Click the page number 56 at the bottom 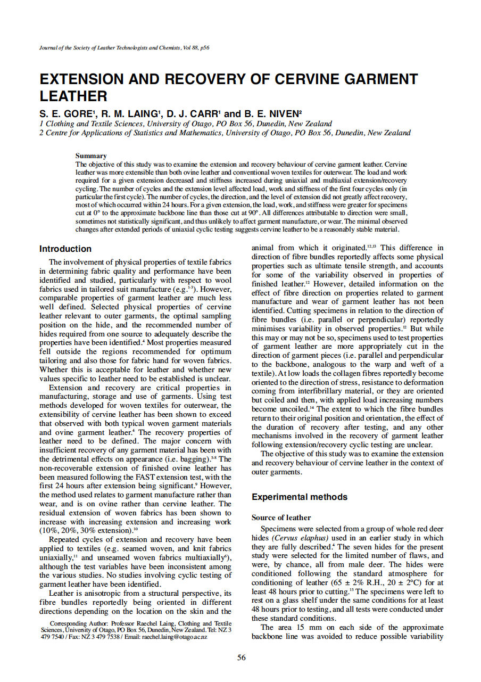241,658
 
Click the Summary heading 91,156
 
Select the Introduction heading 65,249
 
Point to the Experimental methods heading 299,497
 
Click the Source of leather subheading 281,517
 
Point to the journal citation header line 124,48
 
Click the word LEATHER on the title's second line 73,96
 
